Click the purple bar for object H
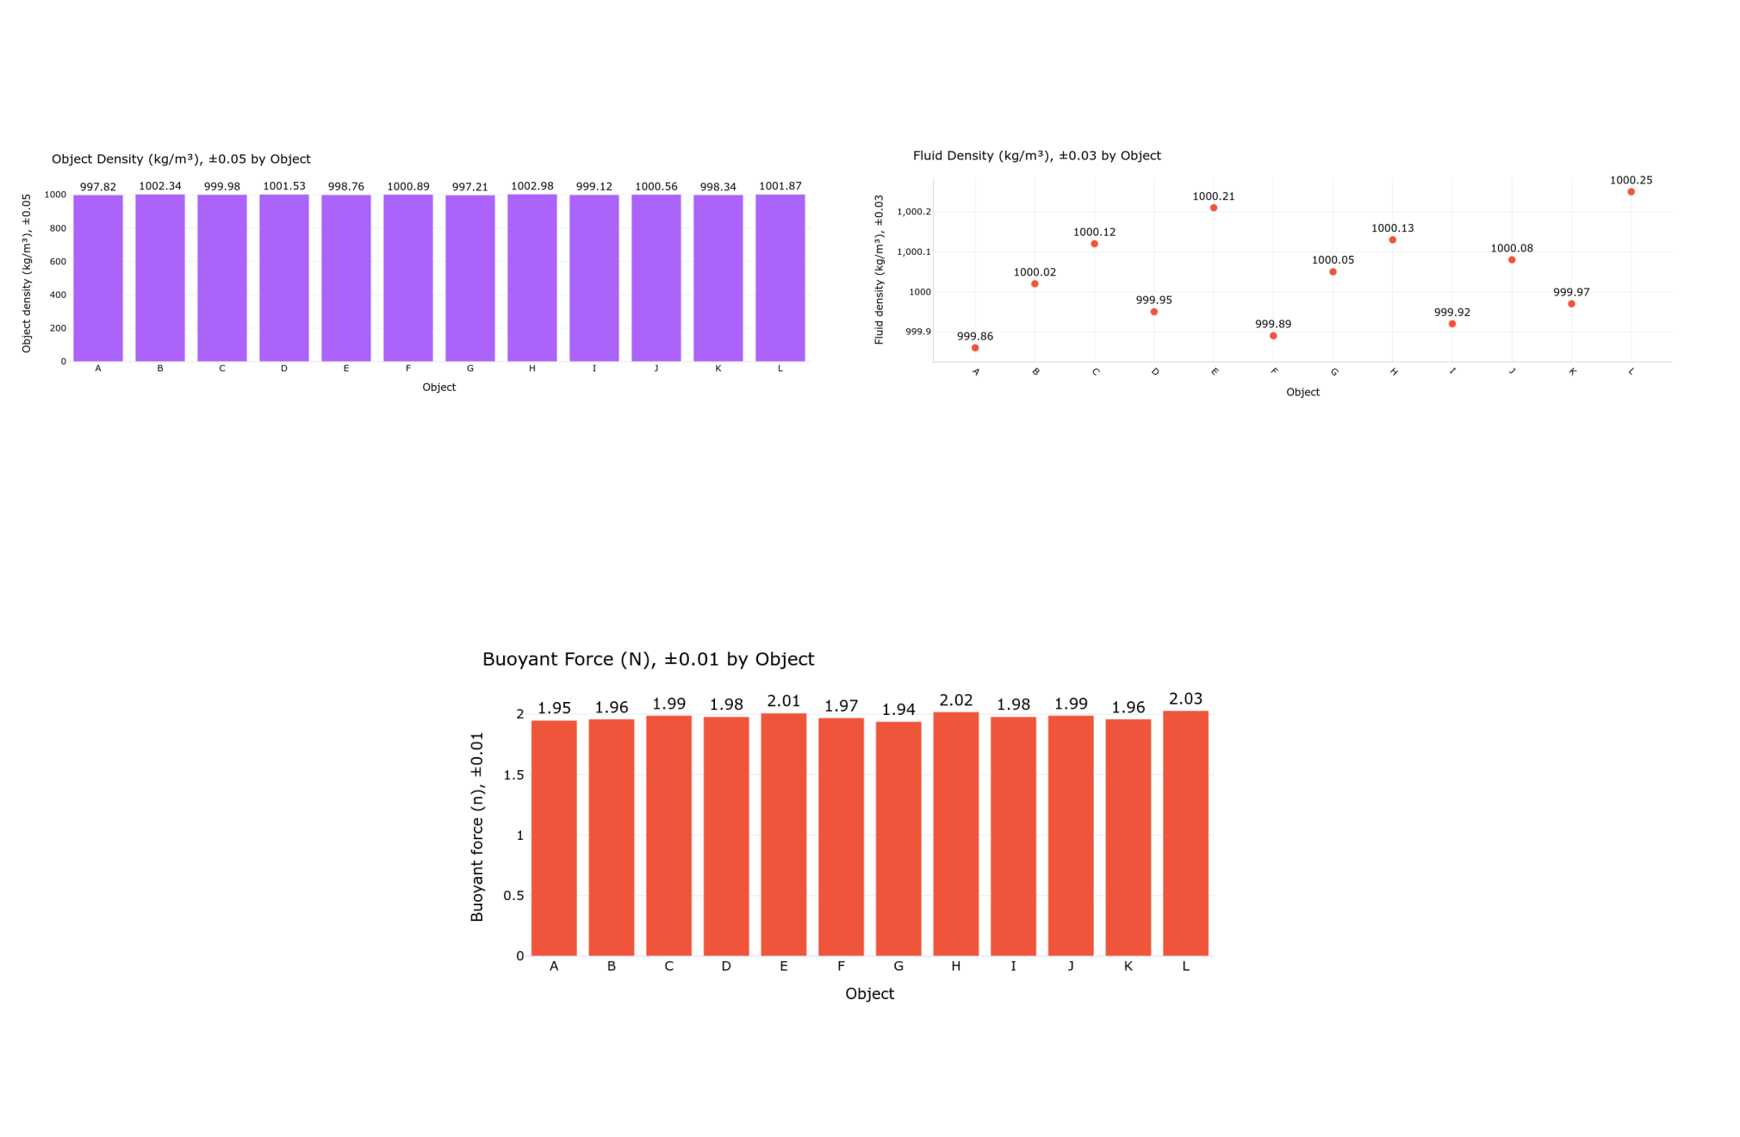[x=531, y=277]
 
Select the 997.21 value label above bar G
[x=469, y=187]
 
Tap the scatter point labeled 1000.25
[x=1631, y=192]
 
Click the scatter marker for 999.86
[x=975, y=348]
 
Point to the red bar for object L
[x=1185, y=833]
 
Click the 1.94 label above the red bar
[x=898, y=710]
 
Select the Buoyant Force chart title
[x=648, y=659]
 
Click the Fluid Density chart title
[x=1036, y=156]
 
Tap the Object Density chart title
[x=181, y=159]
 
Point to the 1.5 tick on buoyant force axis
[x=513, y=775]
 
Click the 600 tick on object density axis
[x=58, y=262]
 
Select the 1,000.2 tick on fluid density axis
[x=913, y=212]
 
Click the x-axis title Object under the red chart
[x=869, y=994]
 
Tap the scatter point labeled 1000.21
[x=1214, y=208]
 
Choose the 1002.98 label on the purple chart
[x=531, y=186]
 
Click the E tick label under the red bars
[x=783, y=966]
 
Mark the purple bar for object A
[x=98, y=277]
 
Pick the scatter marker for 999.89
[x=1273, y=336]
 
